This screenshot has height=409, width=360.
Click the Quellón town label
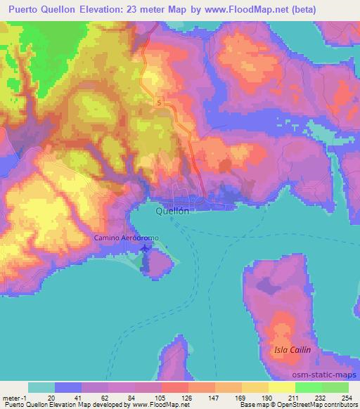coord(173,210)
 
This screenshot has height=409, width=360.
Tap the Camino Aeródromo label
coord(127,238)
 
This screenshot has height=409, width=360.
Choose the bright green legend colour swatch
coord(309,387)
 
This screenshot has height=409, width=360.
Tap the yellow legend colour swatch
coord(281,387)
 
